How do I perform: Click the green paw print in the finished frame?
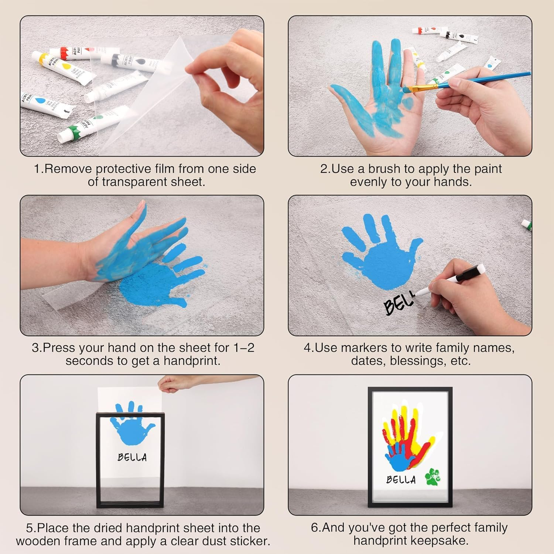pos(432,476)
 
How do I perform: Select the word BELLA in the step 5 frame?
pos(132,457)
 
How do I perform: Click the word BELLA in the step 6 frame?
pos(401,479)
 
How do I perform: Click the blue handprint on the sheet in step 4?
pos(380,251)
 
